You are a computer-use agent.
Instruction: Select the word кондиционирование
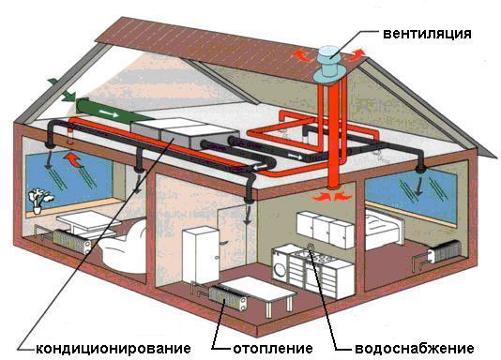tap(113, 347)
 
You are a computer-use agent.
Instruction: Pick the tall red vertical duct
tap(330, 141)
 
